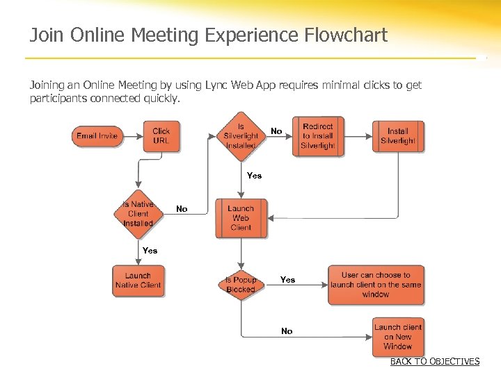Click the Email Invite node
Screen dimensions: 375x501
pos(97,135)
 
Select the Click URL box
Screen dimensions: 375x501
pos(161,136)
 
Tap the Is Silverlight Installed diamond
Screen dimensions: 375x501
pos(241,136)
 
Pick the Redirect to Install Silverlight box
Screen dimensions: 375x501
pos(317,136)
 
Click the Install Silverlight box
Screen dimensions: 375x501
pos(398,136)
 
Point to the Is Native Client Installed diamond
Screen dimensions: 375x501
pos(138,214)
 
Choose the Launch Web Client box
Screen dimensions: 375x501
pos(241,217)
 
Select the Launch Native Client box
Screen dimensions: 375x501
pos(138,281)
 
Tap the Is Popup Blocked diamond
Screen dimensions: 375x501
pos(241,285)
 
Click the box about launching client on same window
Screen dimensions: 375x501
pos(376,285)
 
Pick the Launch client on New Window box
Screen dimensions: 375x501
pos(398,337)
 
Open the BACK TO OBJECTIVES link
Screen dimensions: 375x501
pos(435,362)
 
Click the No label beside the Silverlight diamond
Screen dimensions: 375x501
pos(276,131)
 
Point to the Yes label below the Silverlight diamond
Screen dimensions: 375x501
pos(255,176)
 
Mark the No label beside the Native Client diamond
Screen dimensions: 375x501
pos(182,209)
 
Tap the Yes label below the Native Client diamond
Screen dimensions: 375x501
pos(150,251)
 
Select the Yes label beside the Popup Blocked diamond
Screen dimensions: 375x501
pos(287,280)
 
